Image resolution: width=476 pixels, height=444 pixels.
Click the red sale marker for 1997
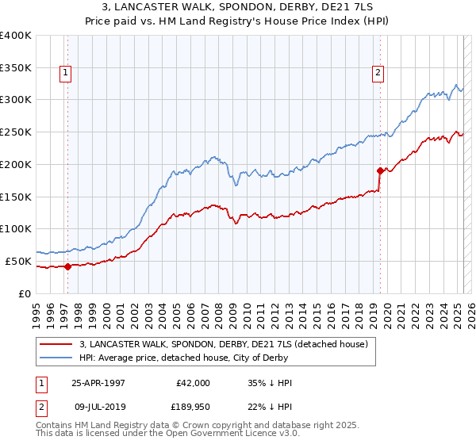[67, 266]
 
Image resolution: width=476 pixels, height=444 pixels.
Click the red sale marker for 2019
[380, 170]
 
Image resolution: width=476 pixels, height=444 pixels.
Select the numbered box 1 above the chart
[64, 73]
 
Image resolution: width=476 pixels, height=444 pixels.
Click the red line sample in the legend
[56, 345]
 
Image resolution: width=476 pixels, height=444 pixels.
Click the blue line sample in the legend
[56, 358]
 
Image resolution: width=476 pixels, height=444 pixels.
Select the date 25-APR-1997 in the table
[98, 383]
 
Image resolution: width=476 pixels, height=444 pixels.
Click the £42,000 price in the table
[193, 383]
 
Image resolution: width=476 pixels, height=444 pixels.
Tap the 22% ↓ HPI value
[271, 408]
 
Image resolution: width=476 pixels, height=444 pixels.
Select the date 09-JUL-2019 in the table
[98, 408]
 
